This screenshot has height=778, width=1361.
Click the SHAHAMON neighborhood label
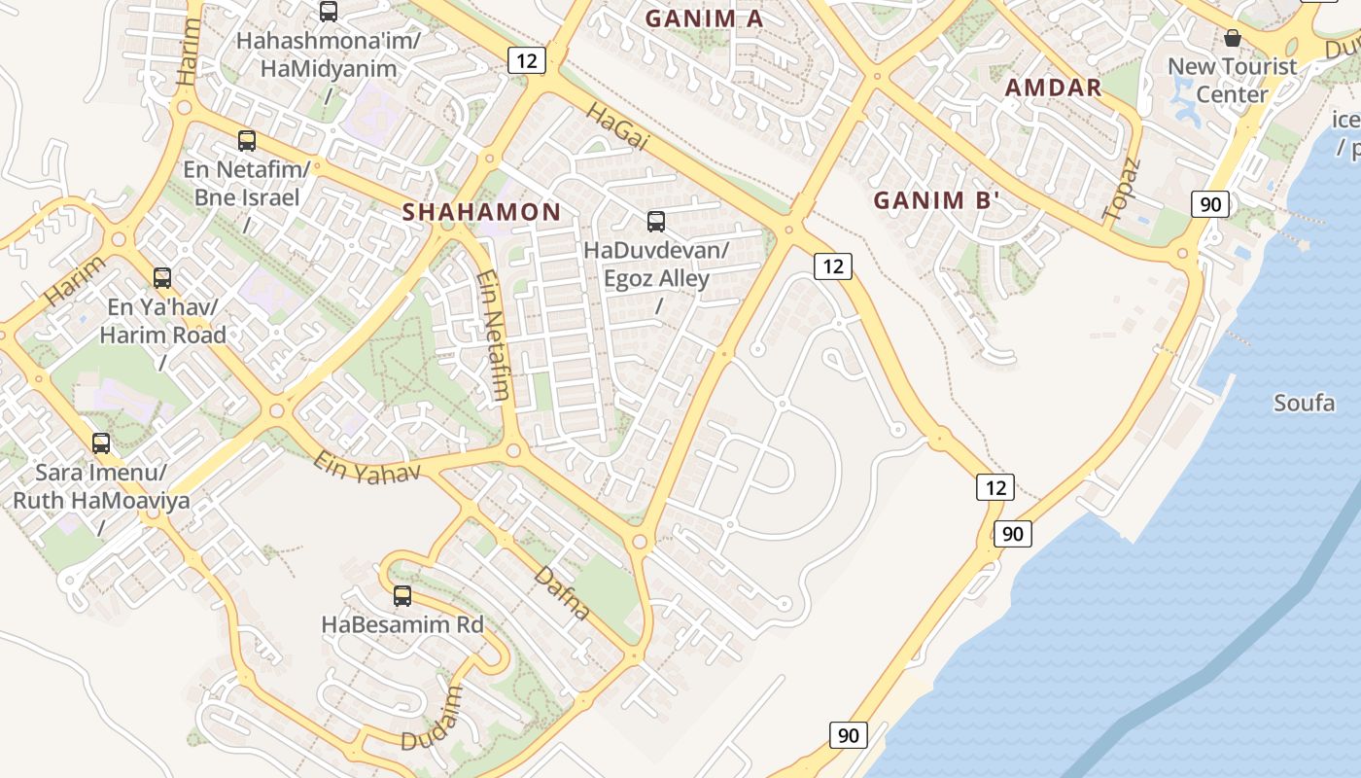pyautogui.click(x=481, y=212)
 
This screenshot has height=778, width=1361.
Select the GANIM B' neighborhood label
pyautogui.click(x=936, y=201)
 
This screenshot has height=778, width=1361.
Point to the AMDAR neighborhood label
pyautogui.click(x=1053, y=88)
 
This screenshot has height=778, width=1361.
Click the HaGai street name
pyautogui.click(x=616, y=127)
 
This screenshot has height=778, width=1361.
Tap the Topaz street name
pyautogui.click(x=1120, y=189)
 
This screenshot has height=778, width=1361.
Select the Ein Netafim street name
pyautogui.click(x=493, y=336)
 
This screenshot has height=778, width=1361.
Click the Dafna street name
pyautogui.click(x=562, y=593)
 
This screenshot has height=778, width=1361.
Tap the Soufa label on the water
pyautogui.click(x=1304, y=403)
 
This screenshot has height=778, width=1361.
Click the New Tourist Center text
pyautogui.click(x=1232, y=81)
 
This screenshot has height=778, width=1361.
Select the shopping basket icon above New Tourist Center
pyautogui.click(x=1232, y=38)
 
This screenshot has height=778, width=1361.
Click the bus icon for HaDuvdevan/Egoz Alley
pyautogui.click(x=656, y=222)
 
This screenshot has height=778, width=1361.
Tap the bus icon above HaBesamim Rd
pyautogui.click(x=401, y=596)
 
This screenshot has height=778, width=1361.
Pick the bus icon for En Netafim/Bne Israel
pyautogui.click(x=247, y=141)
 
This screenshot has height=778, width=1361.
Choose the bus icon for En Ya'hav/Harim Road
pyautogui.click(x=162, y=278)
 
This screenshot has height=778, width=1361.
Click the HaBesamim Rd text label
pyautogui.click(x=401, y=624)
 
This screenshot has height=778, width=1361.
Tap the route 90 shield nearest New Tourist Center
pyautogui.click(x=1209, y=204)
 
